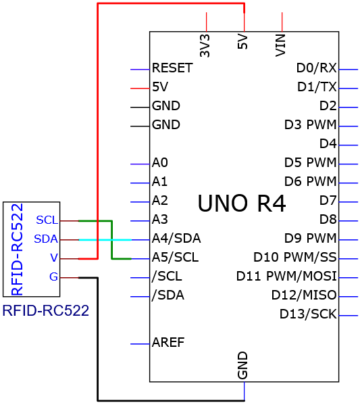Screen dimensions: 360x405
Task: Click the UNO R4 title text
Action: pos(242,204)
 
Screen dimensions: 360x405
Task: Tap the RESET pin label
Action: pos(172,68)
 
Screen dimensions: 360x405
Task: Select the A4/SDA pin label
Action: pos(176,238)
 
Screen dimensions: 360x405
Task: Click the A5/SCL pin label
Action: pos(175,257)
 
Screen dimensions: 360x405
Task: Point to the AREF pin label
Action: pos(168,342)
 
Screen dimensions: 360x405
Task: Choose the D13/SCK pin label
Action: pos(308,314)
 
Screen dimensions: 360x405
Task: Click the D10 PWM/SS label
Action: pos(295,257)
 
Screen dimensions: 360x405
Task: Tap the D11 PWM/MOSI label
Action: pos(286,276)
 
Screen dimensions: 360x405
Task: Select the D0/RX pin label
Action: pos(316,68)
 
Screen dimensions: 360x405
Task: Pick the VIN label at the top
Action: pos(280,46)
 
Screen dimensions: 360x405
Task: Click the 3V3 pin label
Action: pos(205,46)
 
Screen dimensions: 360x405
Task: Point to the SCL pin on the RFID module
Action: pos(47,220)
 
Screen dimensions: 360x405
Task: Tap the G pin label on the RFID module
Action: pos(53,277)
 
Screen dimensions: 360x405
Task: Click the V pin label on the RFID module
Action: pos(54,258)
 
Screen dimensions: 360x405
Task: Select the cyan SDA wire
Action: pos(105,240)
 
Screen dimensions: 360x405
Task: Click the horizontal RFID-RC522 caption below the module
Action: pos(46,310)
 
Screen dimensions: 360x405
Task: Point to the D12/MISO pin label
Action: pos(304,295)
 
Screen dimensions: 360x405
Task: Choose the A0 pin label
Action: pos(160,162)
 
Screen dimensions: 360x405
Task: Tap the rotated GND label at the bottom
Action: pos(242,365)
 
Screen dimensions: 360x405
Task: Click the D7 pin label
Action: pos(328,200)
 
